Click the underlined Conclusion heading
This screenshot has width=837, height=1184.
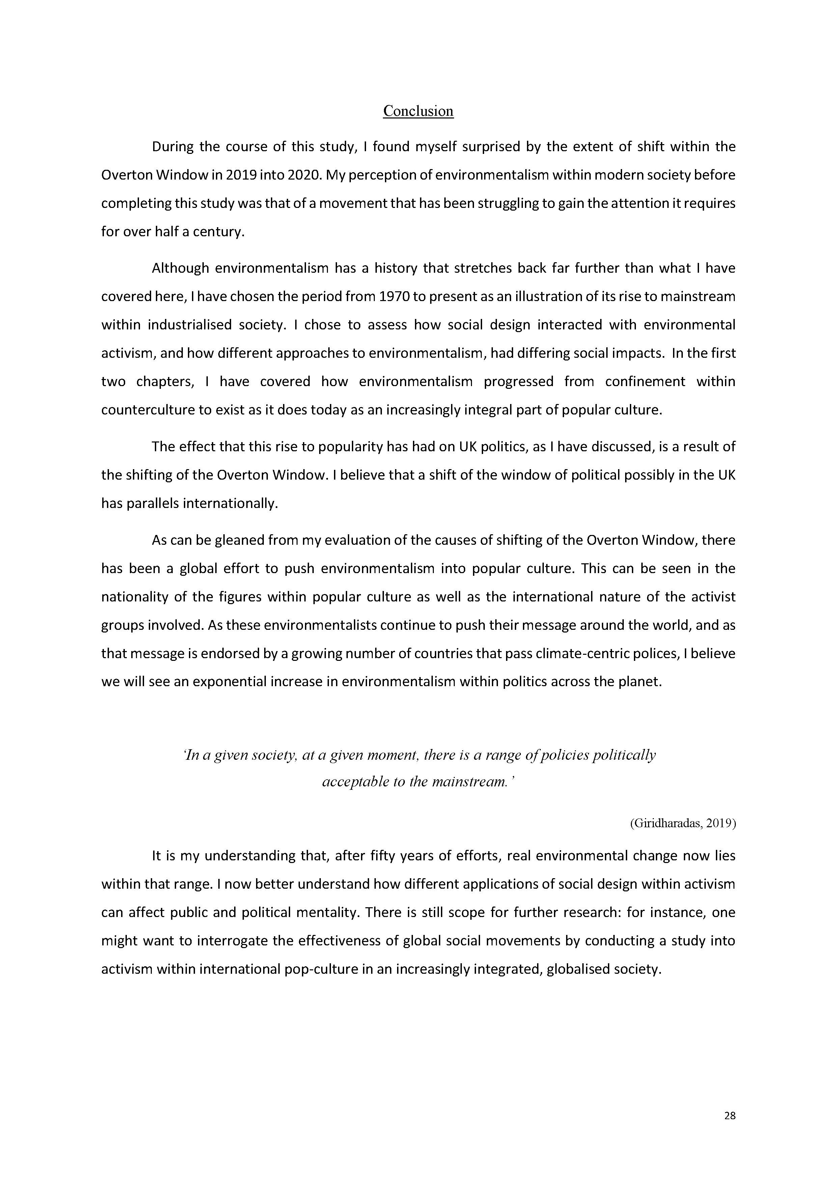pyautogui.click(x=418, y=111)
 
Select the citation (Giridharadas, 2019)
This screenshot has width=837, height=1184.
pyautogui.click(x=682, y=823)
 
